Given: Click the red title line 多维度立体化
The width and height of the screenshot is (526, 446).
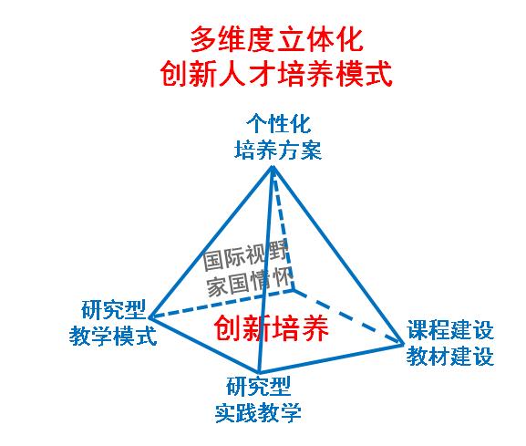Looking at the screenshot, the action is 277,39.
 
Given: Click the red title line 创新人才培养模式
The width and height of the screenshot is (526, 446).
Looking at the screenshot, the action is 276,74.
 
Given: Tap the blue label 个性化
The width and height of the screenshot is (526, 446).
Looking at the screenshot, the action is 278,124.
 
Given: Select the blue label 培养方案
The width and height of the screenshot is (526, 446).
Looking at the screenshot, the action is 278,150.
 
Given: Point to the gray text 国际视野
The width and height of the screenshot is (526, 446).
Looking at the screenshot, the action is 245,256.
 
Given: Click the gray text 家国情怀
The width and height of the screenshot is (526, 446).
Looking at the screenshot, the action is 249,283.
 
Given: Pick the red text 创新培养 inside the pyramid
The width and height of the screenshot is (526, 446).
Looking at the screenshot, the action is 271,328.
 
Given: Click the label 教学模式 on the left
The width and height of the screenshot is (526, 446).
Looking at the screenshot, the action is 113,336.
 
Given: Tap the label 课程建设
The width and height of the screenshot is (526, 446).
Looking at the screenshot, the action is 450,330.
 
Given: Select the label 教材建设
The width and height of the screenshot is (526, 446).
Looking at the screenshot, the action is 450,356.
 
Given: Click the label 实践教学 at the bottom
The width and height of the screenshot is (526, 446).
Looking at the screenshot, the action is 258,413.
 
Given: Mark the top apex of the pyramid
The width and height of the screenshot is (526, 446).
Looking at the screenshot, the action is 272,167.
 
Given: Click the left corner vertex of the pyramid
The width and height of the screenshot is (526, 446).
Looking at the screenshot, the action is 150,316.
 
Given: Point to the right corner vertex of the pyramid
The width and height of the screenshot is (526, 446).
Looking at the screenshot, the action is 404,343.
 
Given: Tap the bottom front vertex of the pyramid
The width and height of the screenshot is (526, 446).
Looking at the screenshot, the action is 259,372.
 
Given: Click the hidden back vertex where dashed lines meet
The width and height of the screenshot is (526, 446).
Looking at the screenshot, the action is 294,289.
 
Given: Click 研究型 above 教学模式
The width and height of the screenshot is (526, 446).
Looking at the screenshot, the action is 113,310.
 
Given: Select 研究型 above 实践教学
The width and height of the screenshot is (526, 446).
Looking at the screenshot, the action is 258,387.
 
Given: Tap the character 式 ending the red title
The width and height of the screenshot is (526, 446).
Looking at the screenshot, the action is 378,74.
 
